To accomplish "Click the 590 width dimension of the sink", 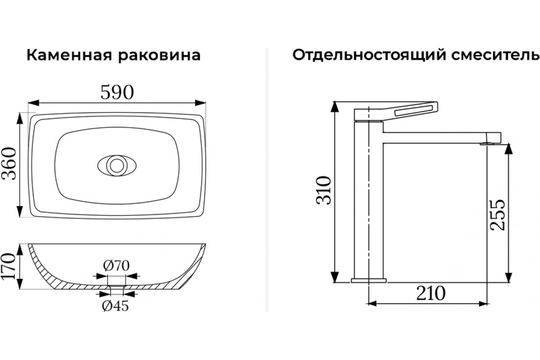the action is click(x=117, y=92).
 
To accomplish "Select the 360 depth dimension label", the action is click(x=9, y=163).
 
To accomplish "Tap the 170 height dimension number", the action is click(x=9, y=266).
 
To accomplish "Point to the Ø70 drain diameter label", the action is click(x=116, y=265).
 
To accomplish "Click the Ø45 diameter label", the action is click(x=115, y=306).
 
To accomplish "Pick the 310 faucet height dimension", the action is click(x=324, y=191).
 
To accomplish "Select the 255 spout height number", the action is click(x=498, y=215).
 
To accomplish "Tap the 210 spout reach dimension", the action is click(x=431, y=293).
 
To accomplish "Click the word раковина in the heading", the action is click(x=159, y=56).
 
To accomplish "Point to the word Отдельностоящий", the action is click(x=369, y=55).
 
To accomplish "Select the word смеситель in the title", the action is click(x=495, y=55).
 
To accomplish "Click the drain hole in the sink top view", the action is click(x=117, y=166).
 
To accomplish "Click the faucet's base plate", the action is click(x=369, y=280).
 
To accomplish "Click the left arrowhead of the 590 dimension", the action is click(x=33, y=103).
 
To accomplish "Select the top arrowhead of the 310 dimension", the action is click(x=335, y=107).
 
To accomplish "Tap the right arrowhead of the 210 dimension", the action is click(x=483, y=304).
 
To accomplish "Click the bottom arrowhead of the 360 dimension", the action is click(x=20, y=211).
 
